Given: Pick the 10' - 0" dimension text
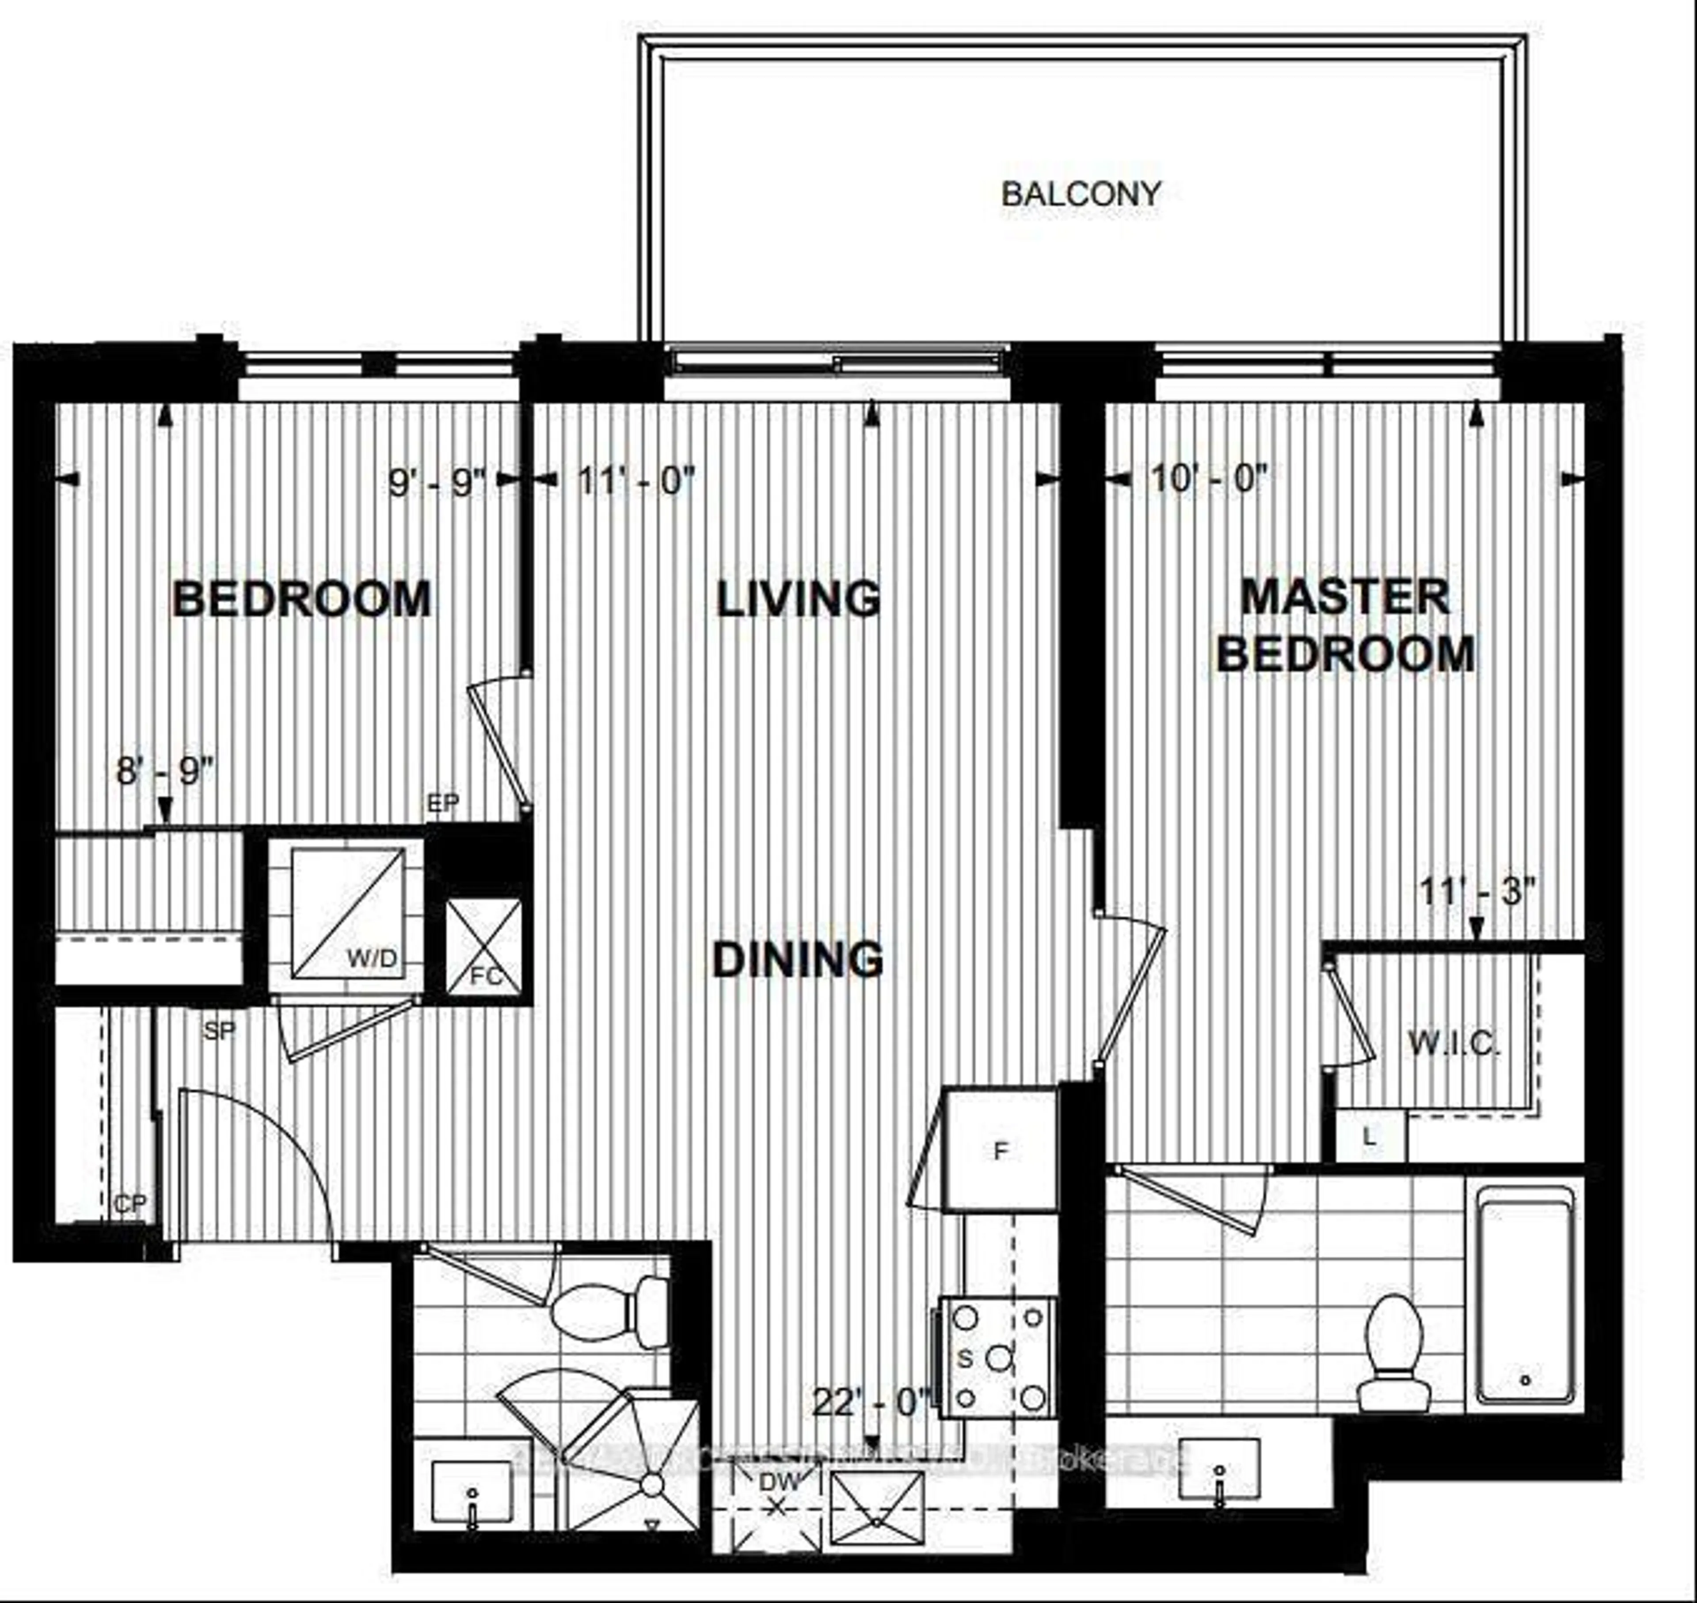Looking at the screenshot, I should pyautogui.click(x=1208, y=479).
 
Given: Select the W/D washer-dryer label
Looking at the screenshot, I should pyautogui.click(x=372, y=959).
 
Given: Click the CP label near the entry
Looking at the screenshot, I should pyautogui.click(x=130, y=1204).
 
